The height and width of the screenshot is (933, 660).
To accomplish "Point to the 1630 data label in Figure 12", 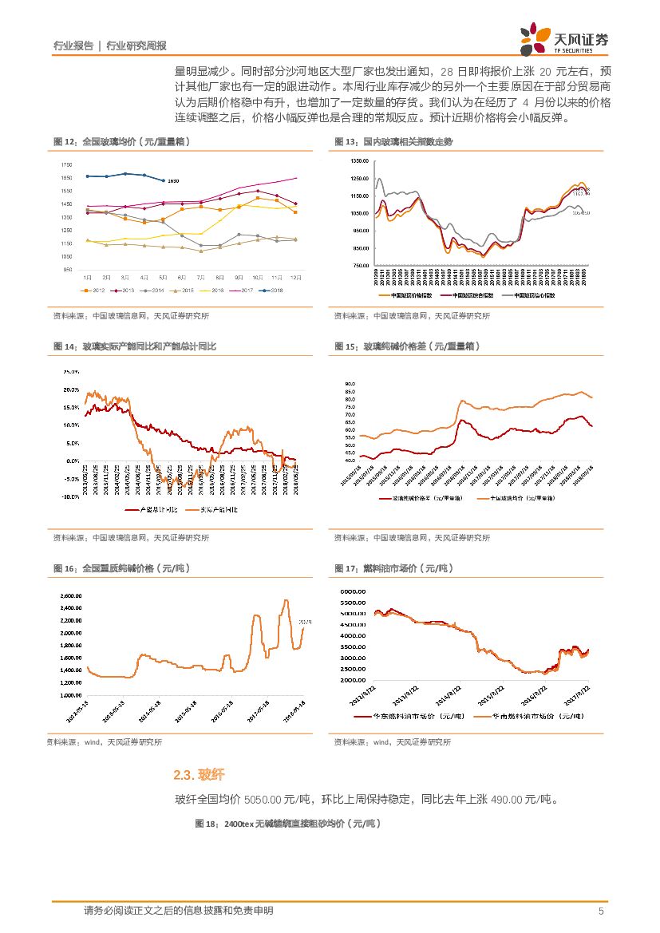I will [x=173, y=181].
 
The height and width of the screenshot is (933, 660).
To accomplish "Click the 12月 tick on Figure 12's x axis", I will [x=296, y=276].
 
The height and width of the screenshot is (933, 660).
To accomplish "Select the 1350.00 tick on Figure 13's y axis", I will [x=358, y=161].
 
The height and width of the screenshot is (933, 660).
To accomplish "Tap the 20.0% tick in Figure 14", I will [x=69, y=389].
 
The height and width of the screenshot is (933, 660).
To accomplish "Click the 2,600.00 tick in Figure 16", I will [x=72, y=595].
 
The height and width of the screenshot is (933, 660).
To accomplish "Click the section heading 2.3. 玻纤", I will [x=199, y=775].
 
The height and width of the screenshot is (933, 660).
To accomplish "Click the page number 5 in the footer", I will [x=600, y=911].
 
